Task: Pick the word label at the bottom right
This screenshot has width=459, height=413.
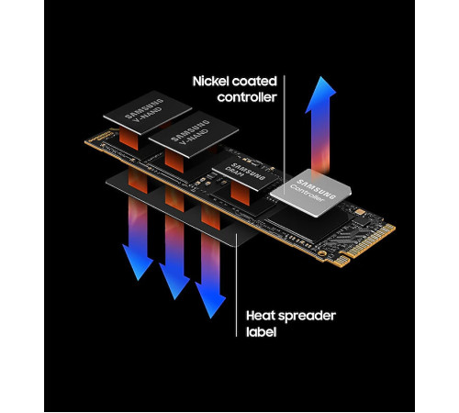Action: (x=263, y=334)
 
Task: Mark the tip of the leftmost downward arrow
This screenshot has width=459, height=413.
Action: (x=138, y=277)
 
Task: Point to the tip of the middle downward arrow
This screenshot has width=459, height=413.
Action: (x=175, y=296)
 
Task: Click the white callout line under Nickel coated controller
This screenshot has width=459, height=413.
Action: (x=285, y=138)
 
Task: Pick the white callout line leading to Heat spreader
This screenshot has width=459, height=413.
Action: (x=239, y=275)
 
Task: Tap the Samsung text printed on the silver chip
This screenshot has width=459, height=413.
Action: (x=312, y=180)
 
